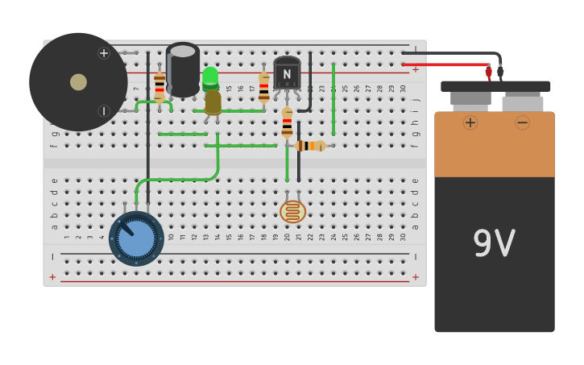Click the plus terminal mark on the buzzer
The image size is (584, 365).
pos(104,53)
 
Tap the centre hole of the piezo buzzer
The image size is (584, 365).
pos(78,82)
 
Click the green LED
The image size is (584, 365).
pos(210,77)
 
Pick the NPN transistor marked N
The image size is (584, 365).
pos(287,73)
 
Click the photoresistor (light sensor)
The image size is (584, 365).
pos(292,211)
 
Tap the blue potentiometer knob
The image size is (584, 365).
pos(136,238)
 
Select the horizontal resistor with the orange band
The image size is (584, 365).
pos(309,146)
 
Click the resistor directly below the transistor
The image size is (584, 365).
pos(287,123)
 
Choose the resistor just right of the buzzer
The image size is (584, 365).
pos(159,86)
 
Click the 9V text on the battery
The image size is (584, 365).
pos(494,243)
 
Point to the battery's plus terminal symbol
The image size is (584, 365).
pos(470,122)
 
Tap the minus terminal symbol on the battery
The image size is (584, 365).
pos(522,122)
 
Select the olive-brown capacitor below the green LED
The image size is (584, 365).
pos(213,102)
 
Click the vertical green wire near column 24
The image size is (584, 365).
pos(333,101)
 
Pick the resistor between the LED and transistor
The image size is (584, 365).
pos(263,88)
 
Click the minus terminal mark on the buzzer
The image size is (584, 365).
pos(104,111)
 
